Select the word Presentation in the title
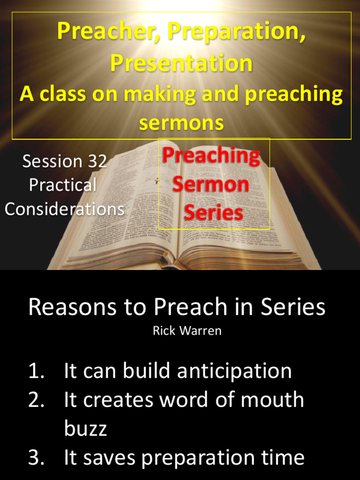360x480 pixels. [181, 63]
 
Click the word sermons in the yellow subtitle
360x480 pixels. [181, 123]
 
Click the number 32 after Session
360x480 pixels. [97, 161]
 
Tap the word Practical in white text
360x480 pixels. [63, 185]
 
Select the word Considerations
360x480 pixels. [65, 209]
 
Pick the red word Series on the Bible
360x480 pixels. [213, 212]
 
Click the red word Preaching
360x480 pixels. [211, 156]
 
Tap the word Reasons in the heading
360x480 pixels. [72, 308]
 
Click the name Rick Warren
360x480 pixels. [187, 331]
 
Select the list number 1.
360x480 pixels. [36, 371]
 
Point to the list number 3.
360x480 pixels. [36, 457]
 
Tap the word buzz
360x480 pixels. [85, 428]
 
